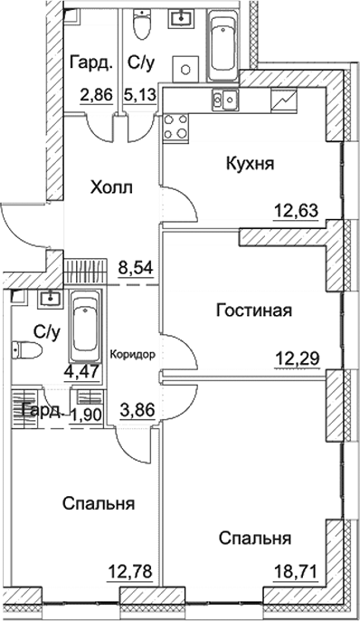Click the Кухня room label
[249, 165]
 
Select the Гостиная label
[253, 311]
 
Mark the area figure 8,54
[136, 269]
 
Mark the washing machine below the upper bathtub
[186, 70]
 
